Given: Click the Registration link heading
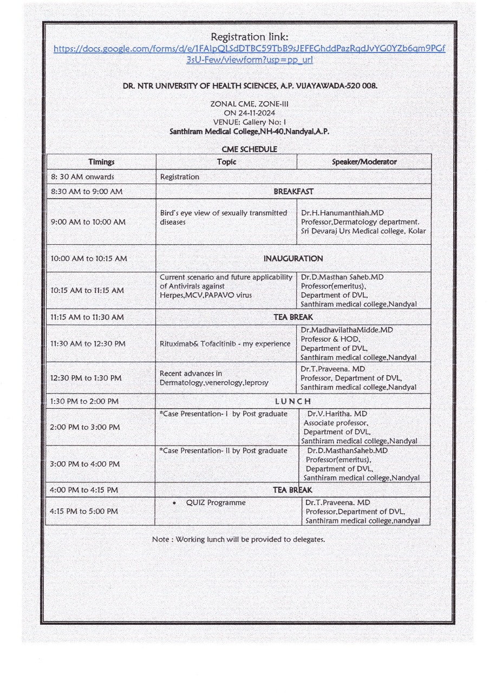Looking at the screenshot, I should (249, 37).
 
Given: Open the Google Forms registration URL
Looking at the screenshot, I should (249, 54).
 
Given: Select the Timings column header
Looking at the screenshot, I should (101, 162).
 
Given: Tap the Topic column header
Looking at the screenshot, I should (226, 162).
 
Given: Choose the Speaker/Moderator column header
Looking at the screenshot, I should (364, 162).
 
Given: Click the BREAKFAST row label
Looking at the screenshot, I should (293, 192).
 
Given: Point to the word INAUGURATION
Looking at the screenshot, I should (293, 259).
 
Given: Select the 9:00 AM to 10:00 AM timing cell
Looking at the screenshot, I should (88, 222).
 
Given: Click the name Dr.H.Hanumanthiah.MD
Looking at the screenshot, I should (342, 213).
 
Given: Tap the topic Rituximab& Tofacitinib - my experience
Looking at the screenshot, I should (225, 344).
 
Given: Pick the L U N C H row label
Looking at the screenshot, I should (293, 401).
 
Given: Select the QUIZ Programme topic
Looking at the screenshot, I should (215, 502).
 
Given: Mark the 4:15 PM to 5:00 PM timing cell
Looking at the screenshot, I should (84, 511).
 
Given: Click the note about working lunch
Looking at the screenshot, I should (238, 539).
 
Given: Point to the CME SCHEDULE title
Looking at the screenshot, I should (249, 149).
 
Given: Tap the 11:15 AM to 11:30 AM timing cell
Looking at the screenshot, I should (87, 317).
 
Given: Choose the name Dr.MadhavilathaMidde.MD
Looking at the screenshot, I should (347, 330).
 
